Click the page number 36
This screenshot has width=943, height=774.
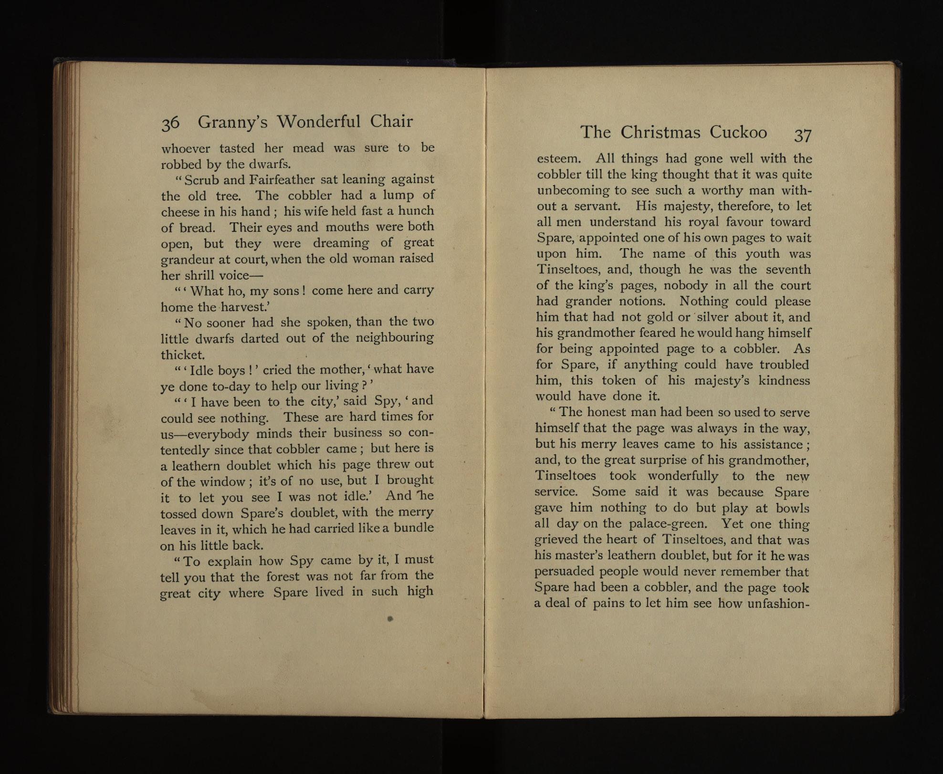point(170,123)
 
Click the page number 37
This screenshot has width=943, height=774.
point(803,135)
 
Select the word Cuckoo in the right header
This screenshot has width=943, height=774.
point(738,132)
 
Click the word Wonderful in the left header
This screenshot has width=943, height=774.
point(319,122)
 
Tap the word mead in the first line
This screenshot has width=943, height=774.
point(308,148)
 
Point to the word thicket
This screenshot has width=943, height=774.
point(183,355)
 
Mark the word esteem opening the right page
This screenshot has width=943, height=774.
point(558,158)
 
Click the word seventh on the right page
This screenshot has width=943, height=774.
point(788,270)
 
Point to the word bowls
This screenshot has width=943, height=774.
point(793,508)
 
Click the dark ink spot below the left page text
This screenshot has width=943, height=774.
point(390,619)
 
